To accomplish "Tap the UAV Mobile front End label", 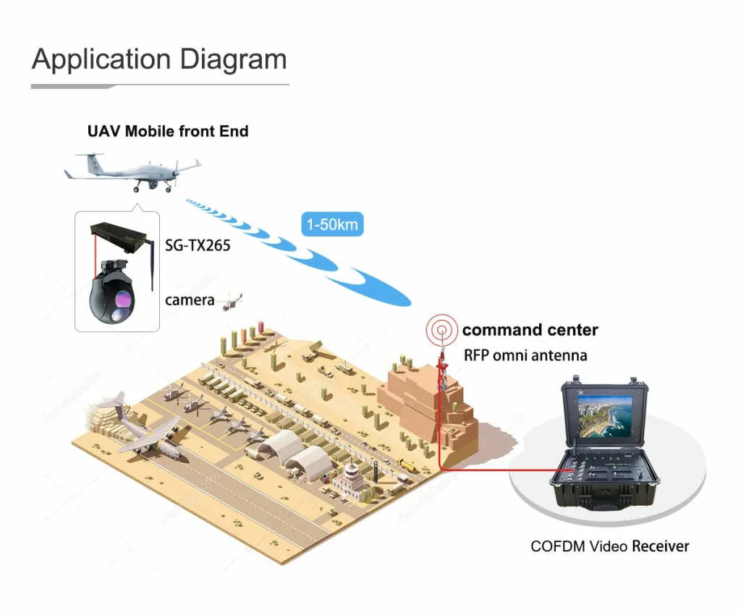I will [167, 132].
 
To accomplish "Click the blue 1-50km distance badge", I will [332, 225].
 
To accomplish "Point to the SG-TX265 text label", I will [198, 246].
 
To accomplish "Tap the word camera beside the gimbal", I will [190, 300].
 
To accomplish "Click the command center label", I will [530, 331].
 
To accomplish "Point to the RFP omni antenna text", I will [525, 355].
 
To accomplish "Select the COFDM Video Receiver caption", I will [609, 546].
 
